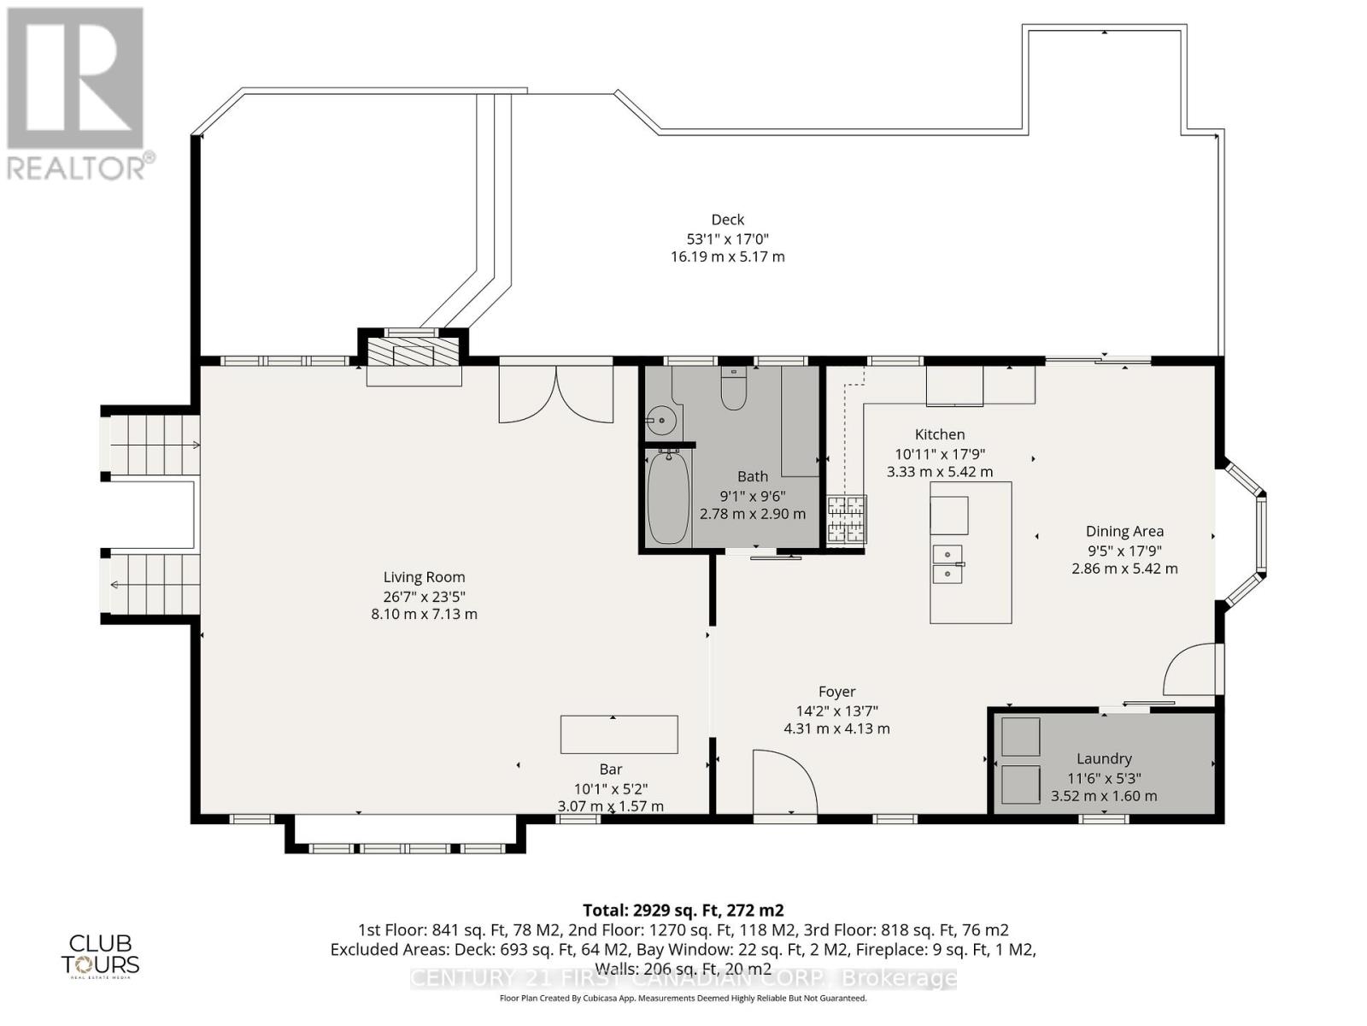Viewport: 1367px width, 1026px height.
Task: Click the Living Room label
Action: click(x=424, y=577)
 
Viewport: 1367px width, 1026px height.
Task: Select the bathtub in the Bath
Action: click(x=668, y=498)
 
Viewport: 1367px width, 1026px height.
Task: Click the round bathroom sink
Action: click(x=660, y=421)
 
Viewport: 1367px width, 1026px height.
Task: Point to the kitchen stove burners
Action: click(x=846, y=520)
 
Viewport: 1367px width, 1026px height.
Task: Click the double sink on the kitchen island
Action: click(x=948, y=564)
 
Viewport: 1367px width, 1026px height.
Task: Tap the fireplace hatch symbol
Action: click(x=414, y=352)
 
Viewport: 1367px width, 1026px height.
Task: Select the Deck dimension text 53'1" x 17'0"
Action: click(x=727, y=239)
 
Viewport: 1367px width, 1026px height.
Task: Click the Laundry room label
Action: click(x=1104, y=758)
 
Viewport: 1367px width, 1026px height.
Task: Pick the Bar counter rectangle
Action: click(x=619, y=734)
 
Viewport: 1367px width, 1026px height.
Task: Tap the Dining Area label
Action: click(x=1124, y=531)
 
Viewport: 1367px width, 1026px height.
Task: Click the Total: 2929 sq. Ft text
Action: click(x=683, y=910)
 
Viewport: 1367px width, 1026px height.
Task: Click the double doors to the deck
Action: click(x=556, y=394)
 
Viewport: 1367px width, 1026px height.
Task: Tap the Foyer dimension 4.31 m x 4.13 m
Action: click(x=836, y=728)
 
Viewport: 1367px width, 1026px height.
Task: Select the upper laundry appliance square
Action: click(x=1020, y=737)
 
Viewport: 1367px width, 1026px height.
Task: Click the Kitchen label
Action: click(x=940, y=434)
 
